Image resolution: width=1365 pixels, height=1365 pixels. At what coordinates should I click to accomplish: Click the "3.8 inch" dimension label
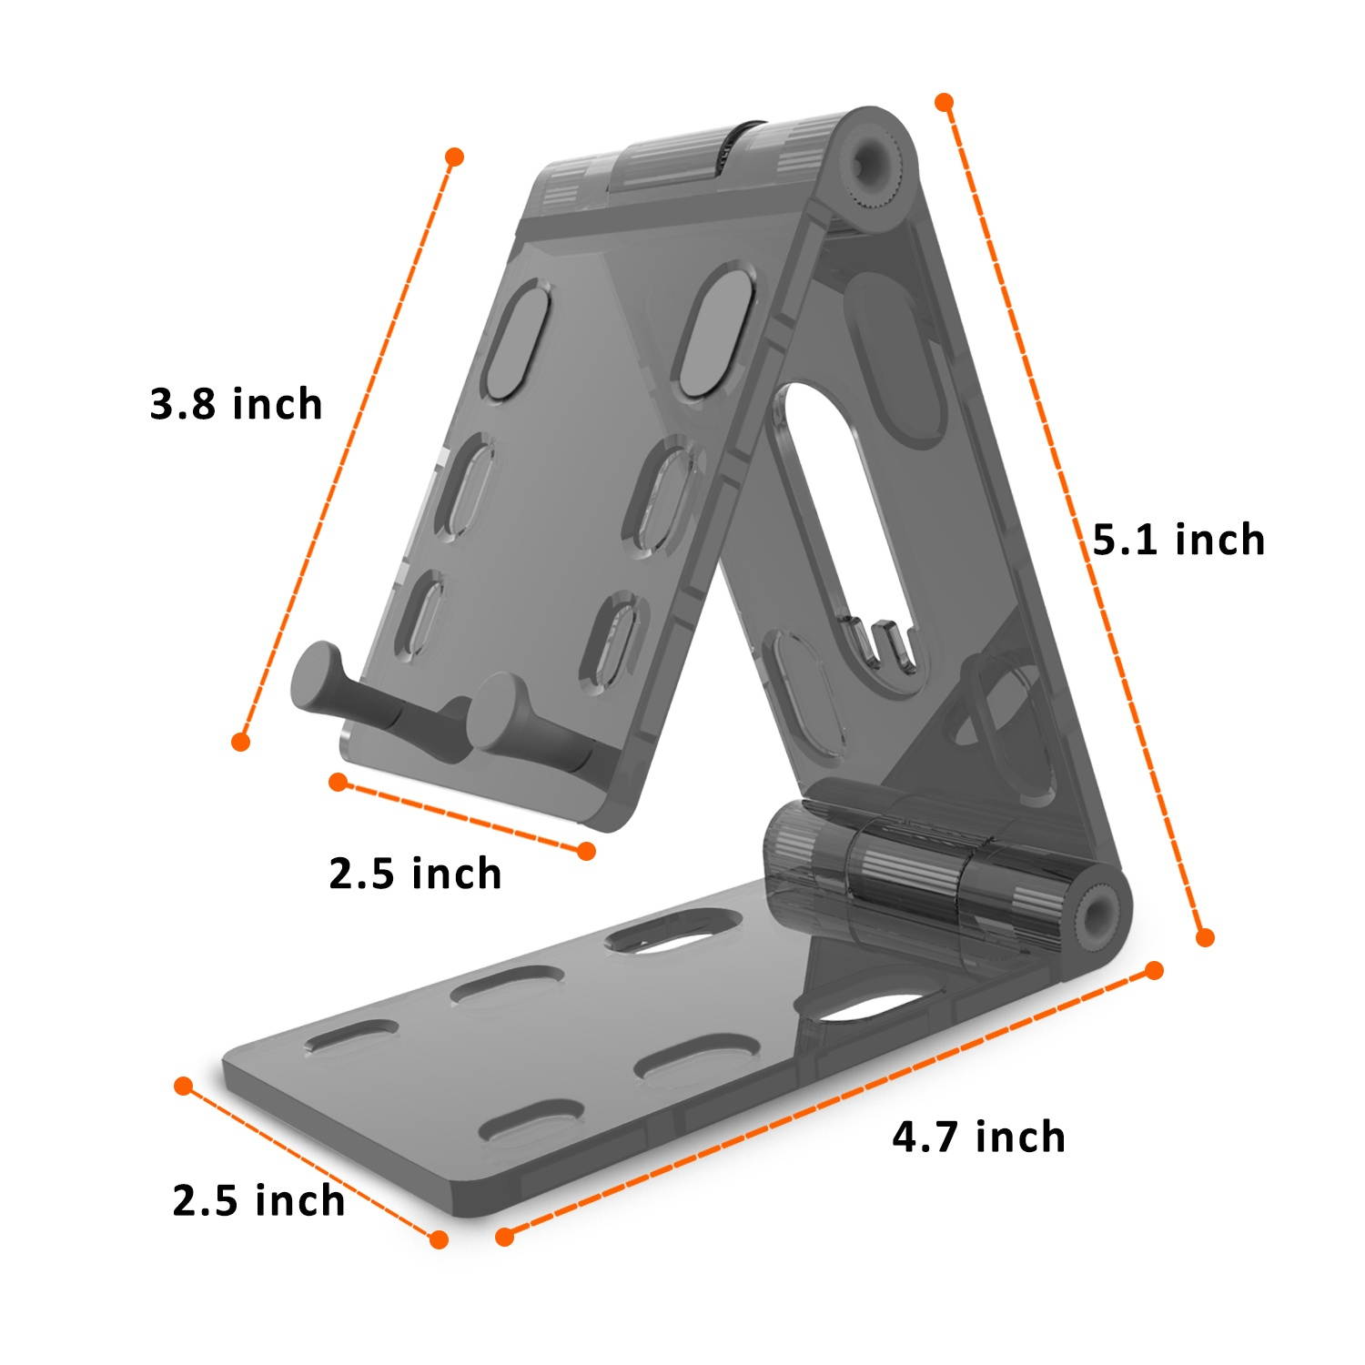click(236, 404)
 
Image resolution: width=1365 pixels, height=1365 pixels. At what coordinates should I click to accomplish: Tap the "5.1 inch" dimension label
click(1178, 540)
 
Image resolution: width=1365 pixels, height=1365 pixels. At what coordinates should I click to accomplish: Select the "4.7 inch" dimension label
click(978, 1137)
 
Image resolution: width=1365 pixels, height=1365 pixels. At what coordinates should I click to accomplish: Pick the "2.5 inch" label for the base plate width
click(258, 1200)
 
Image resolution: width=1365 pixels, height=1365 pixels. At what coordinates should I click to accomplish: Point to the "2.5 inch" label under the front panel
click(415, 874)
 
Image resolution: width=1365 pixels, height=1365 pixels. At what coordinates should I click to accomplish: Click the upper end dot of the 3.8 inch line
click(455, 157)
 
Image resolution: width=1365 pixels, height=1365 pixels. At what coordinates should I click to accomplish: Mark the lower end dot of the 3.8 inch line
click(240, 742)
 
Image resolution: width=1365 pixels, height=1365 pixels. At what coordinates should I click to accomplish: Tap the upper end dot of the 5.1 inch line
click(945, 102)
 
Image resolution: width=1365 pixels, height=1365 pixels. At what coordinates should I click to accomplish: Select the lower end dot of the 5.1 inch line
click(1205, 937)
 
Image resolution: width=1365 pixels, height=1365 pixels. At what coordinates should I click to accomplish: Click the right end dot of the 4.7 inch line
click(1154, 970)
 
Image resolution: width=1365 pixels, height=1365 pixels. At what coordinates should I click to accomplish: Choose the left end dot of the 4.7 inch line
click(505, 1236)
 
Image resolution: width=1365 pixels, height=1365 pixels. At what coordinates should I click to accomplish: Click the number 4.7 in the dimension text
click(926, 1137)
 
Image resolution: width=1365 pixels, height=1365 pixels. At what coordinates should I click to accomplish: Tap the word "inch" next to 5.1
click(1219, 540)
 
